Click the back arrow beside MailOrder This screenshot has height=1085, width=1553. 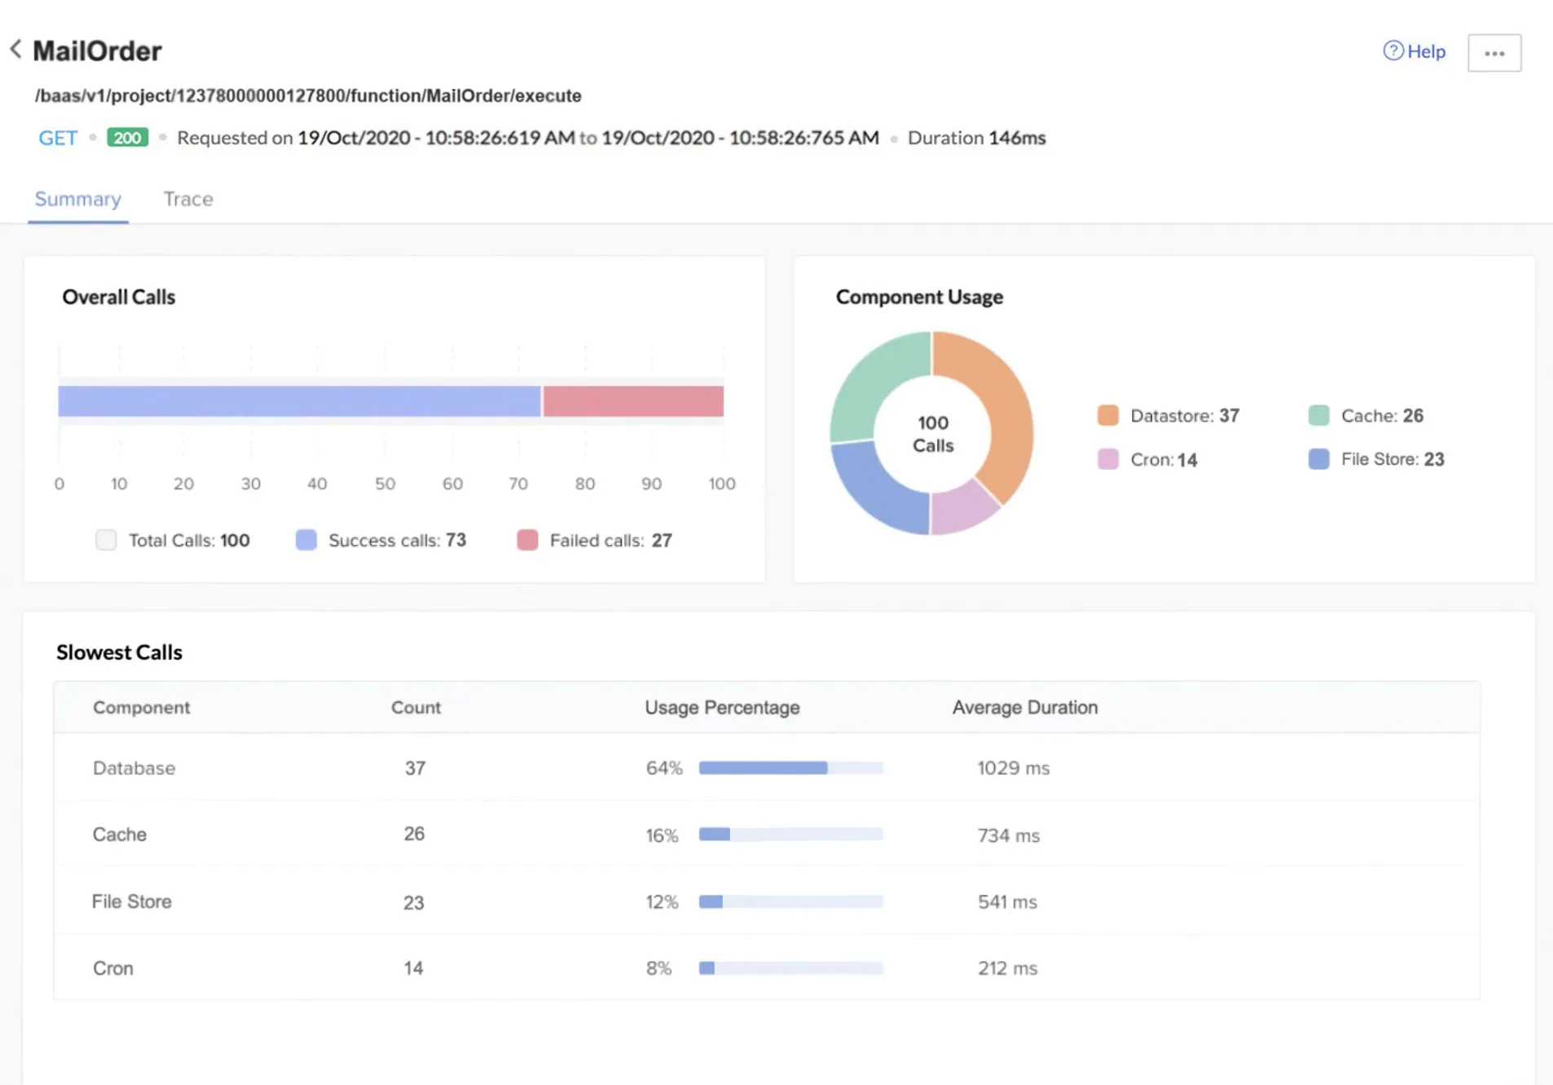pyautogui.click(x=15, y=49)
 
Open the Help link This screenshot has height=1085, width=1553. pyautogui.click(x=1414, y=51)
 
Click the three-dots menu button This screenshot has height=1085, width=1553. pyautogui.click(x=1494, y=53)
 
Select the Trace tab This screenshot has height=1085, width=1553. pyautogui.click(x=188, y=199)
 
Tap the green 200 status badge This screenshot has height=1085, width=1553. pyautogui.click(x=127, y=137)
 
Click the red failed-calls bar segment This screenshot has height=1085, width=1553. pyautogui.click(x=634, y=401)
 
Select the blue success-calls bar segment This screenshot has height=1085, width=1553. pyautogui.click(x=299, y=401)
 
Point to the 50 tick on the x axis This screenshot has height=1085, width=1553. pyautogui.click(x=385, y=484)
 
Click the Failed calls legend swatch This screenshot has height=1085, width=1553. pyautogui.click(x=528, y=540)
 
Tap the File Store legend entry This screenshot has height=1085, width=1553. pyautogui.click(x=1376, y=459)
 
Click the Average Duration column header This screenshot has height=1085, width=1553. pyautogui.click(x=1025, y=707)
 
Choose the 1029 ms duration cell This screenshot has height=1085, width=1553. pyautogui.click(x=1013, y=768)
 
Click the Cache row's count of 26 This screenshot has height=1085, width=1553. pyautogui.click(x=414, y=834)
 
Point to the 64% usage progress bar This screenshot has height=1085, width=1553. pyautogui.click(x=790, y=768)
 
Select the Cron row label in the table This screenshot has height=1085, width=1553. pyautogui.click(x=113, y=968)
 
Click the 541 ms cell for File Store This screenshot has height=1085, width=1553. pyautogui.click(x=1007, y=901)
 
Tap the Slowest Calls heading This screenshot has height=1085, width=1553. pyautogui.click(x=119, y=653)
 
